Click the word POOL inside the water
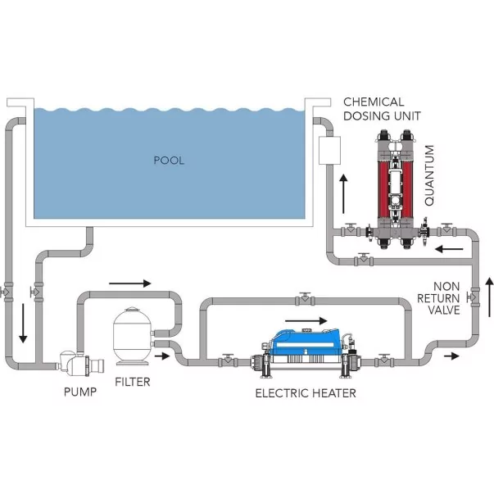pos(169,161)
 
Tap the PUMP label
pos(80,392)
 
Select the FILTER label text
pos(132,382)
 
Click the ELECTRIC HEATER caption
pos(305,393)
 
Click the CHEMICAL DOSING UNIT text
pos(374,108)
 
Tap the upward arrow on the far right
pos(489,297)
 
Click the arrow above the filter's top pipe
pos(129,283)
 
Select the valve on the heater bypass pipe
pos(304,297)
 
